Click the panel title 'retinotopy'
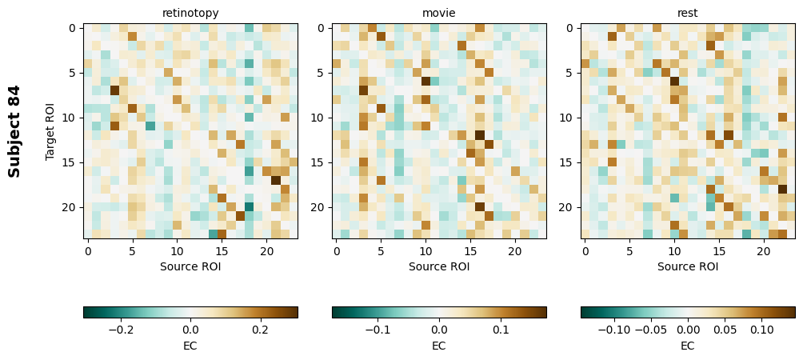pyautogui.click(x=190, y=13)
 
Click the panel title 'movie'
pyautogui.click(x=439, y=13)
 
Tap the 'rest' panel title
pyautogui.click(x=688, y=13)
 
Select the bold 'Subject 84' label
pyautogui.click(x=14, y=131)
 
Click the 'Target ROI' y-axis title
pyautogui.click(x=50, y=131)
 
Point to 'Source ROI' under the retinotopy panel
pyautogui.click(x=190, y=266)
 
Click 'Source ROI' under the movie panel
pyautogui.click(x=439, y=266)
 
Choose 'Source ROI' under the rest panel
pyautogui.click(x=688, y=266)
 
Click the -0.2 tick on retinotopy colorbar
pyautogui.click(x=120, y=329)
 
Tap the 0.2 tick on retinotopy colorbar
pyautogui.click(x=260, y=329)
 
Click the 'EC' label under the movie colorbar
pyautogui.click(x=439, y=346)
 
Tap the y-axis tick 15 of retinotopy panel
pyautogui.click(x=70, y=162)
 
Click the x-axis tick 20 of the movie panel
pyautogui.click(x=515, y=250)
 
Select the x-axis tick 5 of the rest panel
pyautogui.click(x=629, y=250)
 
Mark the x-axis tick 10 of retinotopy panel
pyautogui.click(x=177, y=250)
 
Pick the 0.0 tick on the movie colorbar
pyautogui.click(x=439, y=329)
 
